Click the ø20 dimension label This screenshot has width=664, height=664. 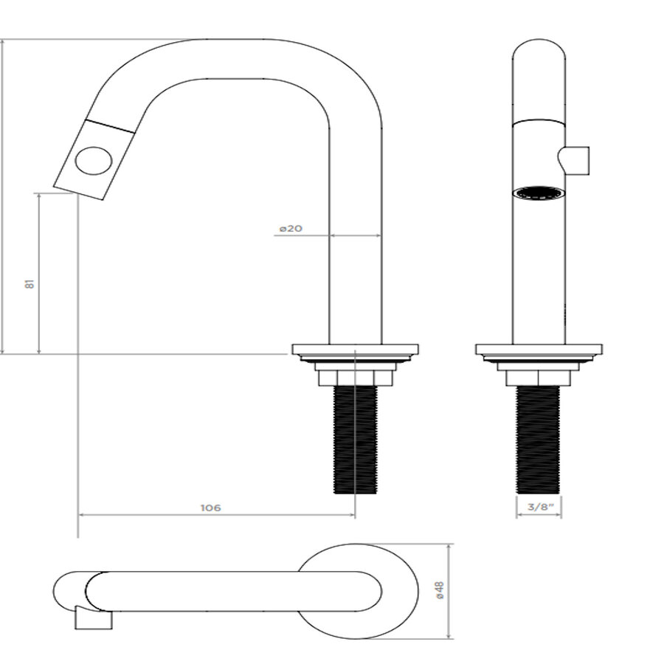click(291, 229)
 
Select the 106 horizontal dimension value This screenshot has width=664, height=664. click(211, 508)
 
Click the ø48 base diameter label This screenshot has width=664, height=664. click(440, 590)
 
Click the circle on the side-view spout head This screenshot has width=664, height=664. click(94, 160)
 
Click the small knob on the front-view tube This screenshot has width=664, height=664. click(577, 160)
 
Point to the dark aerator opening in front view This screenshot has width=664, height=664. click(539, 194)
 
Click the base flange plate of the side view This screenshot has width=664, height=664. click(355, 349)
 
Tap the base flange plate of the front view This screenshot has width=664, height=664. click(539, 349)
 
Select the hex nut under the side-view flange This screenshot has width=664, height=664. click(355, 378)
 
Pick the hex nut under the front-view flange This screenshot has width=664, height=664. click(539, 378)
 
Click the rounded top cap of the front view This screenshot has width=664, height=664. click(539, 59)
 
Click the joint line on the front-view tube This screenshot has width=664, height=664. click(539, 120)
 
